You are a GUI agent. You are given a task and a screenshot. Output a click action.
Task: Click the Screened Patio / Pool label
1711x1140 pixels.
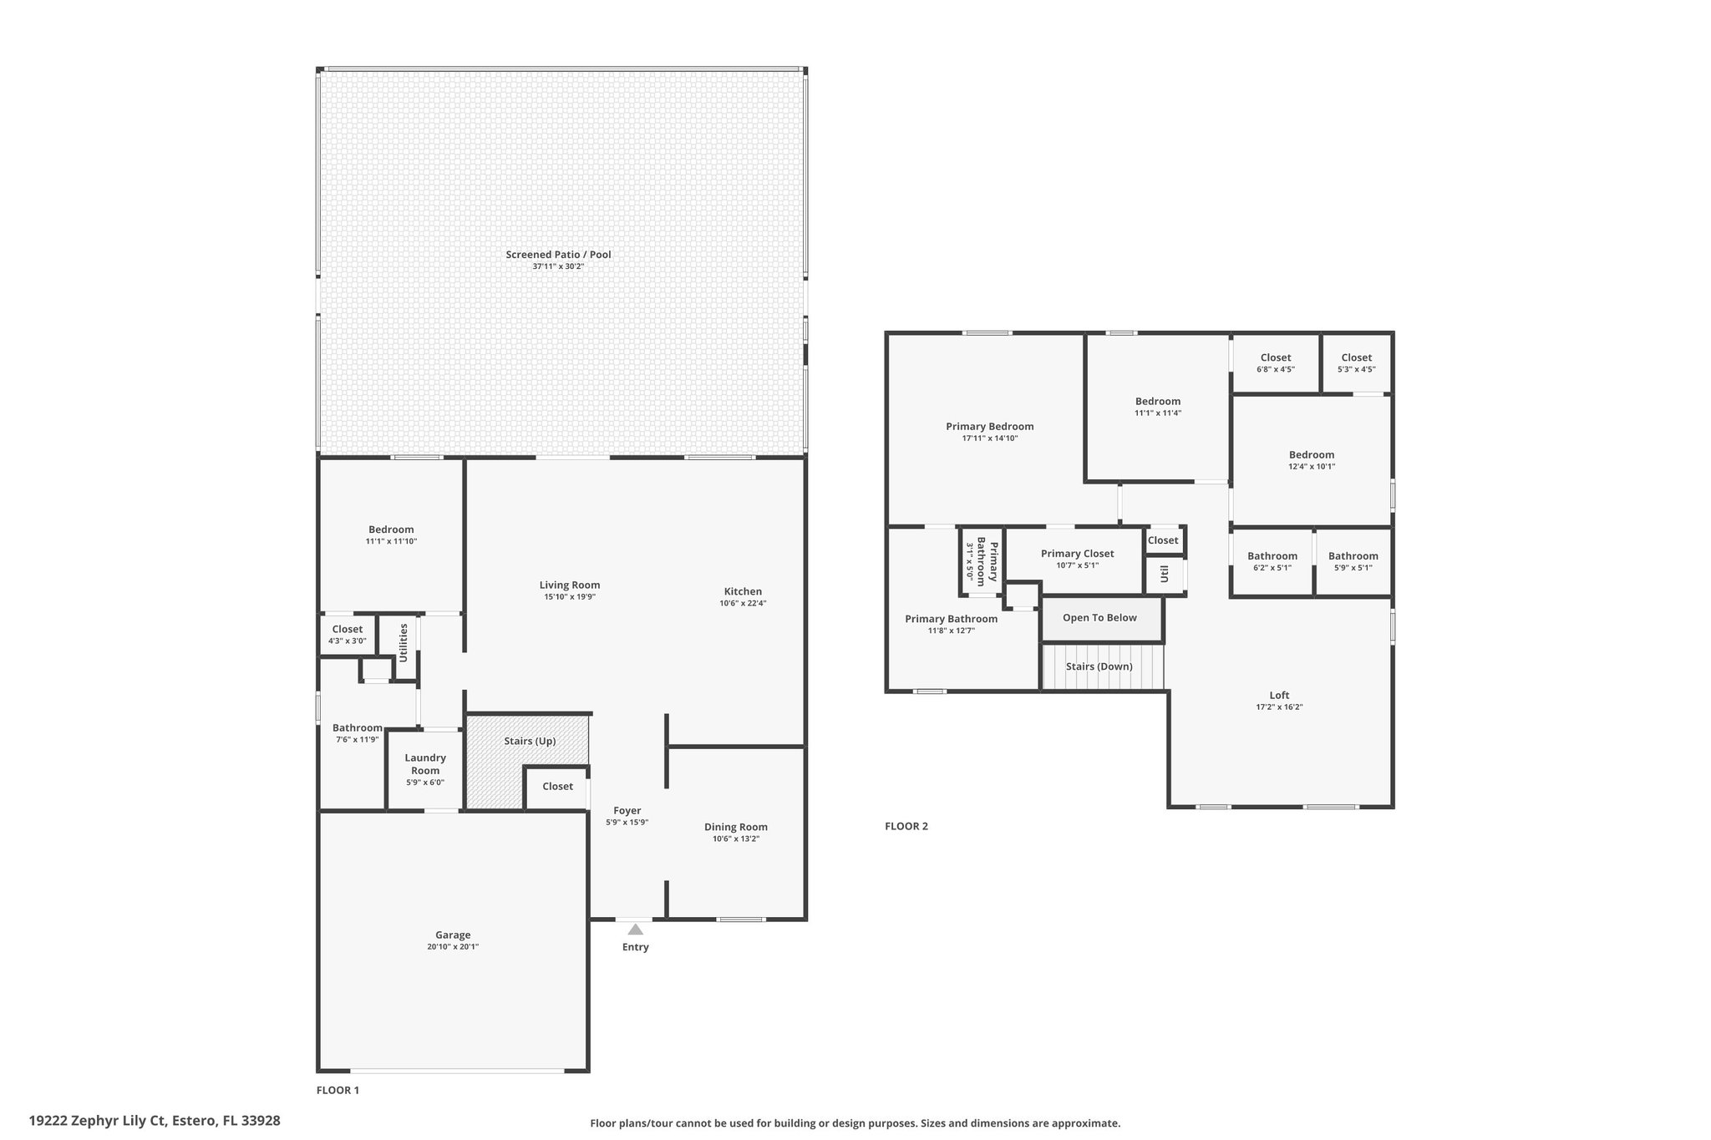[x=558, y=255]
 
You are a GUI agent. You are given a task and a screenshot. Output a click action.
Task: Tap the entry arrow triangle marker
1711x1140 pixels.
[x=636, y=929]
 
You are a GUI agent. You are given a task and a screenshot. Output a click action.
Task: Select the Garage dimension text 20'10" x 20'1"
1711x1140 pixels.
[x=453, y=947]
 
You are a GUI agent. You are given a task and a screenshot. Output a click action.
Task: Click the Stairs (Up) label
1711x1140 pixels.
[x=530, y=742]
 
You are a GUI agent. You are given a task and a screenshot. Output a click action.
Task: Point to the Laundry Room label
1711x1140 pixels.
[x=425, y=764]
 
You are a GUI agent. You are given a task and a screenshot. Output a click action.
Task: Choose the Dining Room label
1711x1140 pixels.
[x=736, y=827]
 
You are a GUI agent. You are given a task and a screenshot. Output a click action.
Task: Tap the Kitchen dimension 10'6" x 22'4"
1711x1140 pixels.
[x=743, y=603]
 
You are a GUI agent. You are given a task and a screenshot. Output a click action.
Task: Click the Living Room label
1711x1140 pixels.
[x=570, y=585]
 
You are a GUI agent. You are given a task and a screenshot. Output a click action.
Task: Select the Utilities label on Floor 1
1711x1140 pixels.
[x=404, y=642]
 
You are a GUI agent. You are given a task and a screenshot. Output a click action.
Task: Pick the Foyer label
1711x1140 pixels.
[x=627, y=810]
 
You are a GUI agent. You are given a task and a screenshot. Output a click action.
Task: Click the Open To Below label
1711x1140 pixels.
[x=1099, y=618]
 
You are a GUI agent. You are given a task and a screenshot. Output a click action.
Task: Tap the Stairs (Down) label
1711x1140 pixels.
[x=1099, y=666]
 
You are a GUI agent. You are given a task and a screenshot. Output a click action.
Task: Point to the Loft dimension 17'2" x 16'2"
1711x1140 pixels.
[x=1279, y=707]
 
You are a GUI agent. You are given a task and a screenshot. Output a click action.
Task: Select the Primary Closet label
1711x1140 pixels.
[x=1077, y=554]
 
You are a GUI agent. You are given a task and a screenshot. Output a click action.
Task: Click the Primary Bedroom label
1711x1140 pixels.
[x=990, y=427]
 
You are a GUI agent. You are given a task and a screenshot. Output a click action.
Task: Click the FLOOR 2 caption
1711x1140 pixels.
[x=906, y=826]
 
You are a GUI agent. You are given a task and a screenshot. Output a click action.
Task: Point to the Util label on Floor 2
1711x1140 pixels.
[x=1164, y=574]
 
